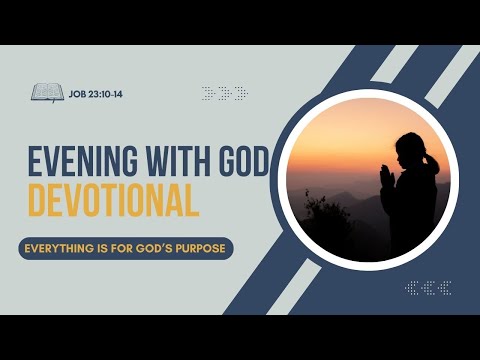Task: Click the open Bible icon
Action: [47, 93]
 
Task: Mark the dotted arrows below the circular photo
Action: [428, 288]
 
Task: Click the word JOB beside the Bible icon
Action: [78, 93]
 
